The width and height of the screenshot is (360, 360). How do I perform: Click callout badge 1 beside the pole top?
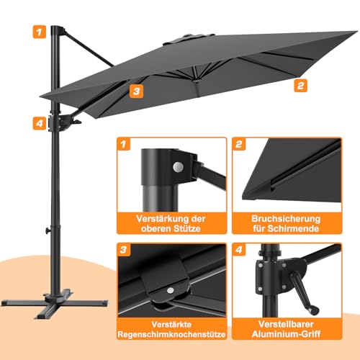coord(40,32)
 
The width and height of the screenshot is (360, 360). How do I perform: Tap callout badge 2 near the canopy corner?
coord(300,85)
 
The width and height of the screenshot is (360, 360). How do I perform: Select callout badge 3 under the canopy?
coord(136,91)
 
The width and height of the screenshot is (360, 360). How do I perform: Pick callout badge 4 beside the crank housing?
coord(40,123)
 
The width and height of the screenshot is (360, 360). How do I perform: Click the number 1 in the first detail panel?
coord(124,144)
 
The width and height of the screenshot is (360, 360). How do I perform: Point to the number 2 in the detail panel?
coord(239,144)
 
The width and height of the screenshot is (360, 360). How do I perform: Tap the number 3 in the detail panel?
coord(124,250)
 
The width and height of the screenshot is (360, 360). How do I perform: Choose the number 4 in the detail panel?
coord(239,250)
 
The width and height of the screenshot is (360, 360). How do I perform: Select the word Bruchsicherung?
coord(286,219)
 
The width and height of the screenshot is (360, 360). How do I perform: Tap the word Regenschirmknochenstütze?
coord(171,334)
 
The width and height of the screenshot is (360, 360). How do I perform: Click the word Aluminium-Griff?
coord(286,334)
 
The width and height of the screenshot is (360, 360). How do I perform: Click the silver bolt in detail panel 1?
coord(178,166)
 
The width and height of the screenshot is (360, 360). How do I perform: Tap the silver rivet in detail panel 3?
coord(171,290)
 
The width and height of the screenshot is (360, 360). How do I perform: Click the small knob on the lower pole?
coord(48,230)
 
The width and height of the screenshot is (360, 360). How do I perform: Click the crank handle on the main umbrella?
coord(77,122)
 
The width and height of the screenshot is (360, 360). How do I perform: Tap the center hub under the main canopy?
coord(197,81)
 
